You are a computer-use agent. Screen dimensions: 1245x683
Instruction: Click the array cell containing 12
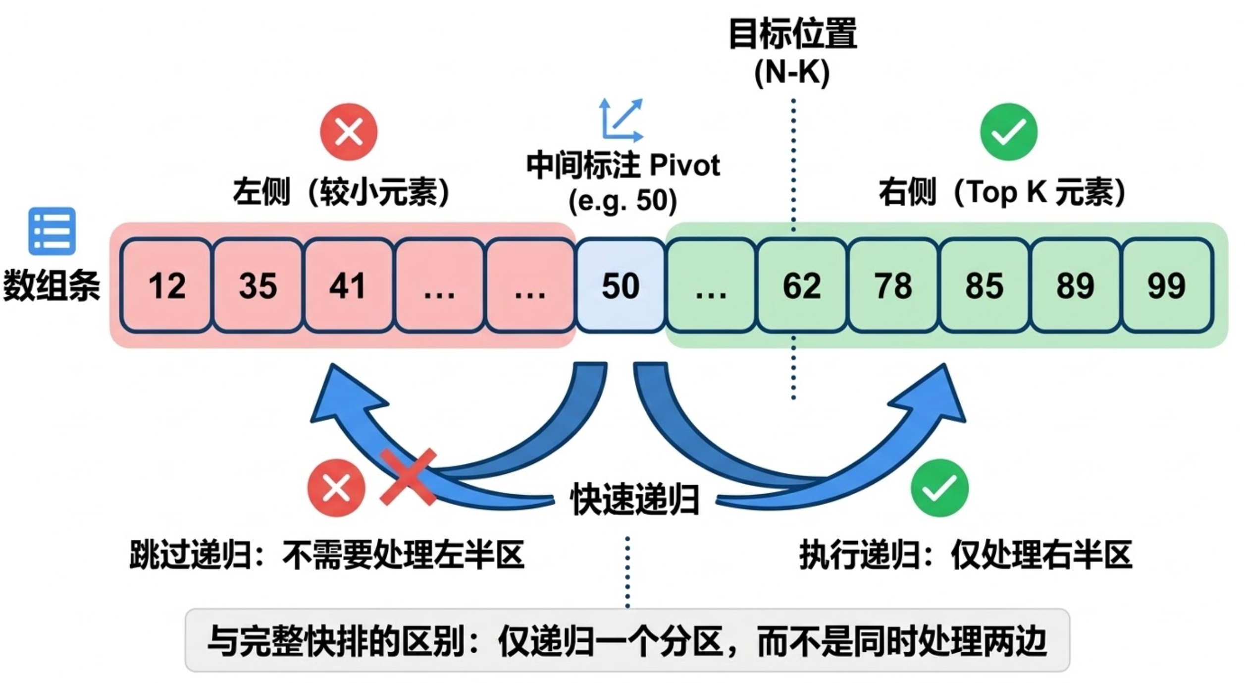(x=166, y=285)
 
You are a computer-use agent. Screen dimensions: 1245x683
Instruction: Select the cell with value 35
(x=258, y=285)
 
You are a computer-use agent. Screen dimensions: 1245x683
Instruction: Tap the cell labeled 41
(x=348, y=285)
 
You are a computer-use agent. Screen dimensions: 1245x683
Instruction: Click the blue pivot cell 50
(x=621, y=285)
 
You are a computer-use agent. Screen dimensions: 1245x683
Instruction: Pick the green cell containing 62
(x=802, y=285)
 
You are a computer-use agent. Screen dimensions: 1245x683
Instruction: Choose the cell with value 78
(x=893, y=285)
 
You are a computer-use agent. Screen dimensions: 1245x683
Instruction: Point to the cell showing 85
(x=985, y=285)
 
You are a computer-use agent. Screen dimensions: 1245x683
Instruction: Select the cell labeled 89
(x=1075, y=285)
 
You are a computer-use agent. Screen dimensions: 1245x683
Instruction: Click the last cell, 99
(x=1167, y=285)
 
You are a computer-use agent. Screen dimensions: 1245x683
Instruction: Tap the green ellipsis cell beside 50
(x=711, y=285)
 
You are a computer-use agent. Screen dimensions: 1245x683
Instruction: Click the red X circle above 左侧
(x=349, y=132)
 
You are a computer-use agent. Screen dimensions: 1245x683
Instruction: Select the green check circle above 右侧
(x=1009, y=132)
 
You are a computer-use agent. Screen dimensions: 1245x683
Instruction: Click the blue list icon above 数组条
(x=52, y=231)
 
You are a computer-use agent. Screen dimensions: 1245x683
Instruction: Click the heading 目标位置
(x=793, y=33)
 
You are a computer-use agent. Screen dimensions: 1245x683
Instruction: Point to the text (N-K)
(x=792, y=73)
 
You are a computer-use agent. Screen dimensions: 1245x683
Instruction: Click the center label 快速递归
(x=635, y=499)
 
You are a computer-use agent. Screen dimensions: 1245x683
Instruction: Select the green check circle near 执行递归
(x=939, y=488)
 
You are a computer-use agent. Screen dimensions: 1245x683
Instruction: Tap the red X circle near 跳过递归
(x=336, y=488)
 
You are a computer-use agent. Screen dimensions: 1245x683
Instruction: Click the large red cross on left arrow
(x=409, y=477)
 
